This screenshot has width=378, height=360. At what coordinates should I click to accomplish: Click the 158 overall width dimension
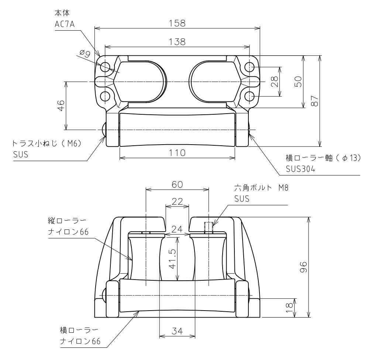[177, 23]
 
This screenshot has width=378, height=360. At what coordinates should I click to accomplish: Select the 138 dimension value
[177, 42]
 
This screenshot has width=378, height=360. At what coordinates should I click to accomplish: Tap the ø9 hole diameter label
[85, 53]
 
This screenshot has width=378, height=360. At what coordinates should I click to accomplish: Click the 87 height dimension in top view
[315, 101]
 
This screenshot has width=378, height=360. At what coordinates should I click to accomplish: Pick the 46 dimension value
[61, 105]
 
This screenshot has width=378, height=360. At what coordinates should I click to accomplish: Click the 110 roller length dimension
[177, 153]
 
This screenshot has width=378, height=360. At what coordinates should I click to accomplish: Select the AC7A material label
[65, 24]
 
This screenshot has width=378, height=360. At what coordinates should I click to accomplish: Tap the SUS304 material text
[300, 169]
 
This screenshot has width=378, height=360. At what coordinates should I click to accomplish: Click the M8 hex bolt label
[283, 188]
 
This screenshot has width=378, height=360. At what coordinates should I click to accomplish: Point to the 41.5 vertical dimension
[173, 259]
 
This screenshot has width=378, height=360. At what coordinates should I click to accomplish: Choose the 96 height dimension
[303, 267]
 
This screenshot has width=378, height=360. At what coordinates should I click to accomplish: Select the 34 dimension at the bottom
[177, 331]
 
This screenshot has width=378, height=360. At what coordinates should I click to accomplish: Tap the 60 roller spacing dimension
[177, 184]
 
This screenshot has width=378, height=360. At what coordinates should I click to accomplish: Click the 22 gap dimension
[177, 201]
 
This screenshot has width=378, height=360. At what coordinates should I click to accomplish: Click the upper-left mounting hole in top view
[105, 67]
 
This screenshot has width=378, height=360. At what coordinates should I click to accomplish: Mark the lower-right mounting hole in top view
[250, 97]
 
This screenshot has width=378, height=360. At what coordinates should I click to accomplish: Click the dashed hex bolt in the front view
[209, 228]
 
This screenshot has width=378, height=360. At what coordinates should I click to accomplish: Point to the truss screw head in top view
[104, 130]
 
